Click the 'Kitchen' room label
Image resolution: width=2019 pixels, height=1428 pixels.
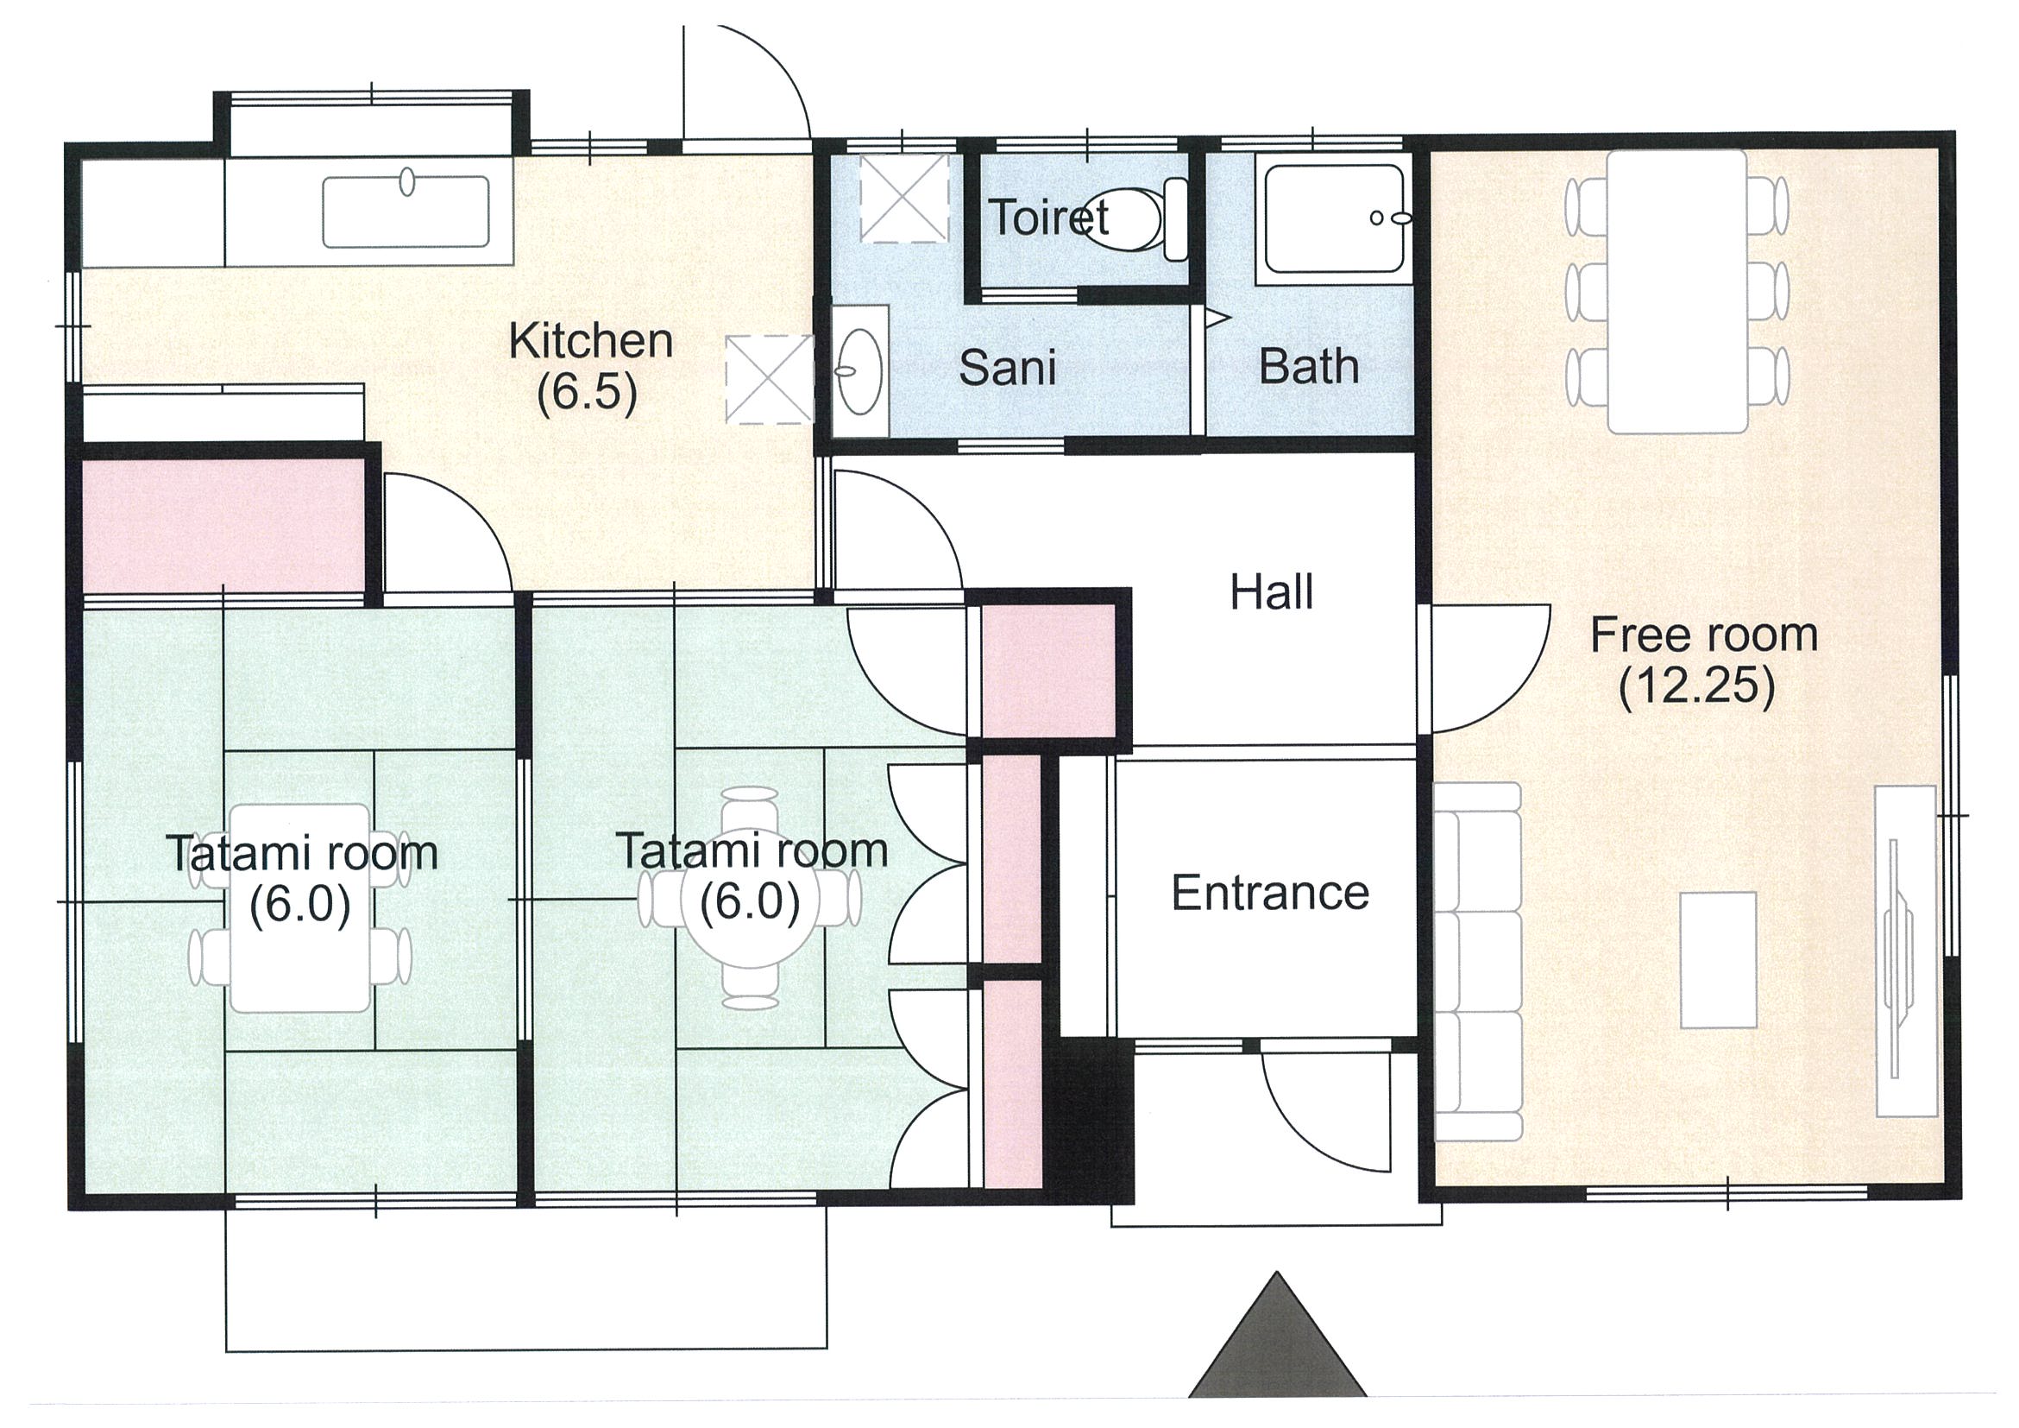click(590, 341)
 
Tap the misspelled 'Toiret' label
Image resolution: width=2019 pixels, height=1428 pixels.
click(1048, 217)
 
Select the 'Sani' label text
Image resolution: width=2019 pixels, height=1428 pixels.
click(1007, 367)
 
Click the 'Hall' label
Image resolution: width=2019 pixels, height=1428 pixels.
click(1272, 592)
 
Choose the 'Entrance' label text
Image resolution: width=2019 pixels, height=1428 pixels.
click(1270, 893)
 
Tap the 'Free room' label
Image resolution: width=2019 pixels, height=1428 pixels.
click(1703, 635)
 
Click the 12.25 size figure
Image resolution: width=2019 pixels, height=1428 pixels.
click(1697, 687)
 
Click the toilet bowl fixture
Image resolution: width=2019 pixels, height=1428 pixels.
click(1143, 219)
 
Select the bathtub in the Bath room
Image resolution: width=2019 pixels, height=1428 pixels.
click(1333, 219)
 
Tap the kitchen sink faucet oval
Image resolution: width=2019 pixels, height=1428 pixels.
click(407, 182)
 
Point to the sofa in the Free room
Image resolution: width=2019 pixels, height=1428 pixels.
click(1477, 962)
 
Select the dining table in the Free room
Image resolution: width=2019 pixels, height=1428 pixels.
click(1677, 292)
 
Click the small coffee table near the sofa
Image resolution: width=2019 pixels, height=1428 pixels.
click(1718, 960)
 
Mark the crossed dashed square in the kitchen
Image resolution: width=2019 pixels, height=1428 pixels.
click(769, 379)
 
